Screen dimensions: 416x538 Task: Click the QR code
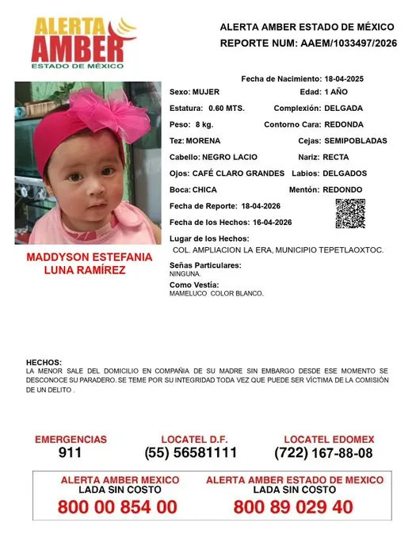350,214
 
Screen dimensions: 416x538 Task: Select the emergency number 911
71,453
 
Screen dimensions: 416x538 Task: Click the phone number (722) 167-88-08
323,453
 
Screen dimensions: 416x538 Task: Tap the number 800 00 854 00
117,508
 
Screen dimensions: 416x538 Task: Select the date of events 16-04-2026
265,222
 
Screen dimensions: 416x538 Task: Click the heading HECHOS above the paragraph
44,361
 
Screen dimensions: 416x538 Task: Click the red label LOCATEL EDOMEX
329,439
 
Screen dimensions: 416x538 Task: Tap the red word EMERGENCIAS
71,439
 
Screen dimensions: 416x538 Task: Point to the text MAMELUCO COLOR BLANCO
216,293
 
